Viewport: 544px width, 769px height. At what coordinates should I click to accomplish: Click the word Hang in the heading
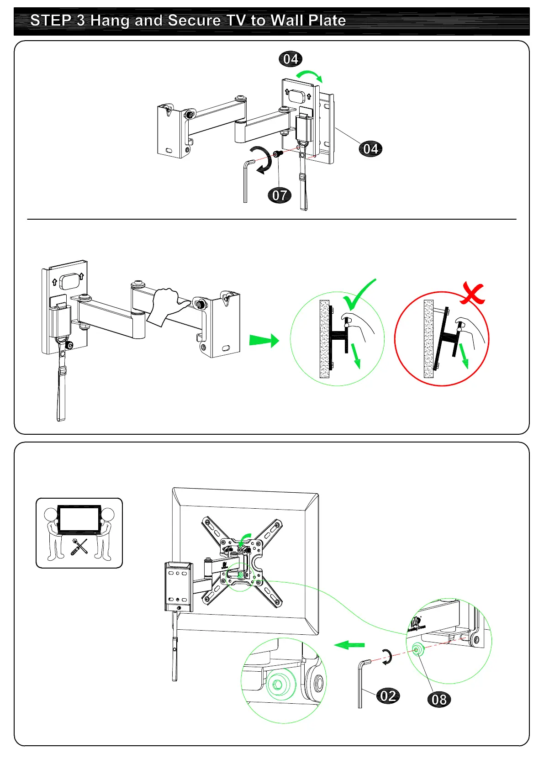tap(110, 21)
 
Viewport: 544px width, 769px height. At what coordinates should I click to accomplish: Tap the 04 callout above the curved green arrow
tap(290, 59)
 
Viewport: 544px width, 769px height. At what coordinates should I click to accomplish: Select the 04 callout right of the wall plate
tap(370, 149)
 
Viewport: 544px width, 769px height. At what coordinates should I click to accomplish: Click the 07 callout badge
tap(279, 195)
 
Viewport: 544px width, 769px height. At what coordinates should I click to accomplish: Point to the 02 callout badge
tap(388, 696)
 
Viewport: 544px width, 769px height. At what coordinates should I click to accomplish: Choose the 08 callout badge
tap(439, 700)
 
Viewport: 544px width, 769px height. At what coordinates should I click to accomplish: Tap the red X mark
tap(473, 294)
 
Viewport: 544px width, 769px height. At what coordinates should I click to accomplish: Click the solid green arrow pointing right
tap(264, 341)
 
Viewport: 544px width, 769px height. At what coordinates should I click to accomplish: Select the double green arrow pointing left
tap(349, 645)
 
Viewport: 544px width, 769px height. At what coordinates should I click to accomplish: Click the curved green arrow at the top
tap(309, 75)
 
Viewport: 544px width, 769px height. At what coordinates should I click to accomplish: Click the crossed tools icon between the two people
tap(79, 547)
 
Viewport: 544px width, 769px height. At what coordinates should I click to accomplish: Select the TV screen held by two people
tap(79, 518)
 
